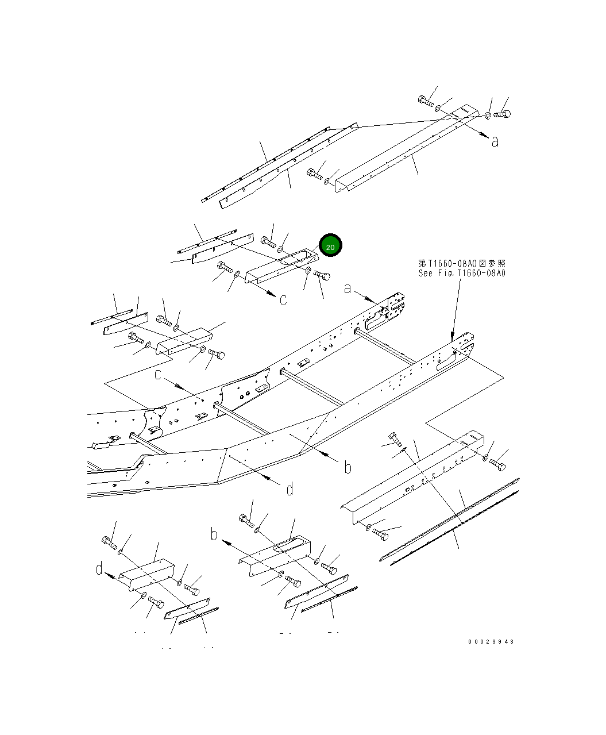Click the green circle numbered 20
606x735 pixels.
click(330, 247)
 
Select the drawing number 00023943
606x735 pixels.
click(491, 642)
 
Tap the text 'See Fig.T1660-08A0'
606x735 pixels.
click(462, 273)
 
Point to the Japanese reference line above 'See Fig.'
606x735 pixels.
click(462, 263)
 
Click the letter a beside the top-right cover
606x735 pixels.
click(495, 141)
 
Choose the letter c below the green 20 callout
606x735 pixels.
click(283, 300)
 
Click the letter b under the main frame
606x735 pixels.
click(348, 467)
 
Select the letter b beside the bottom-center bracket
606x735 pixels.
click(214, 536)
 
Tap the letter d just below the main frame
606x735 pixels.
click(290, 489)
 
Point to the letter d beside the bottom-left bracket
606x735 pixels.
click(99, 569)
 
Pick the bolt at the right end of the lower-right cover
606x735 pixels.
click(497, 464)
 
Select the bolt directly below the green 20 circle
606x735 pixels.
click(322, 276)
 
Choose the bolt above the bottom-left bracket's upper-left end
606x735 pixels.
click(109, 541)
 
